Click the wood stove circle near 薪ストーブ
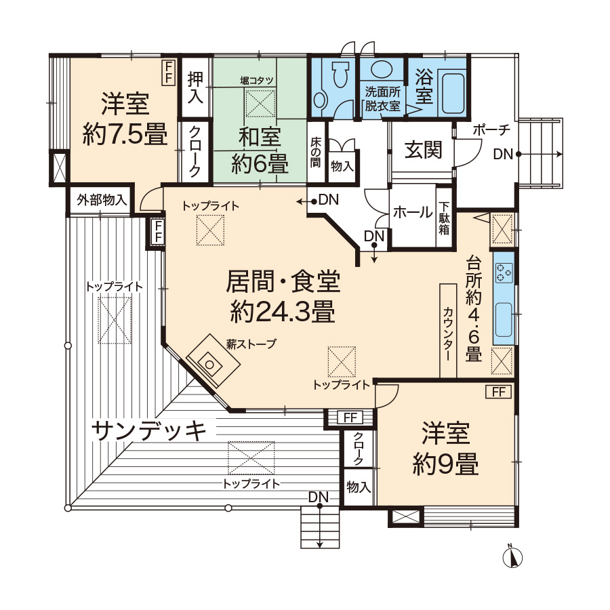tap(209, 365)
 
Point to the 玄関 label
tap(423, 150)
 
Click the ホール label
tap(412, 213)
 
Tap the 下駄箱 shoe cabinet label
tap(444, 218)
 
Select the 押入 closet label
tap(195, 87)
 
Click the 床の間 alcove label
tap(315, 152)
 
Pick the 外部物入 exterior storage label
tap(102, 200)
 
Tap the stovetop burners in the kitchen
tap(504, 272)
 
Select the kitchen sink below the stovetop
tap(504, 320)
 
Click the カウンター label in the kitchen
tap(448, 333)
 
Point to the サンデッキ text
tap(148, 432)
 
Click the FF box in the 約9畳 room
tap(498, 392)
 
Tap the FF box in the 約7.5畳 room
tap(169, 72)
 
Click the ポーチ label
tap(491, 130)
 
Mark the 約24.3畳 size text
tap(283, 312)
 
